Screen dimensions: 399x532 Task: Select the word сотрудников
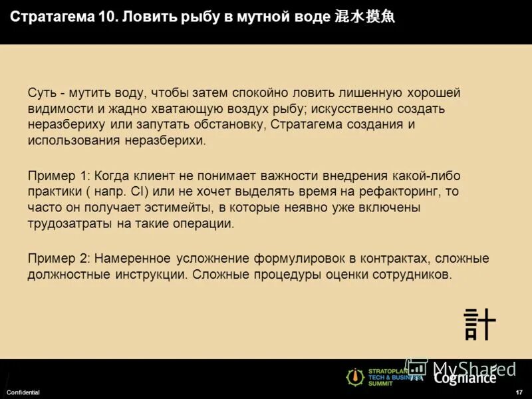pos(414,274)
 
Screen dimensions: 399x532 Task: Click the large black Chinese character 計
pos(479,324)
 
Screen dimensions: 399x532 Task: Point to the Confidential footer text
pos(23,392)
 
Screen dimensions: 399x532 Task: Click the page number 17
pos(519,392)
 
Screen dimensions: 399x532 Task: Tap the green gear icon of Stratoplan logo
pos(354,377)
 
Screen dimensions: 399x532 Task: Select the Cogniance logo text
pos(465,378)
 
